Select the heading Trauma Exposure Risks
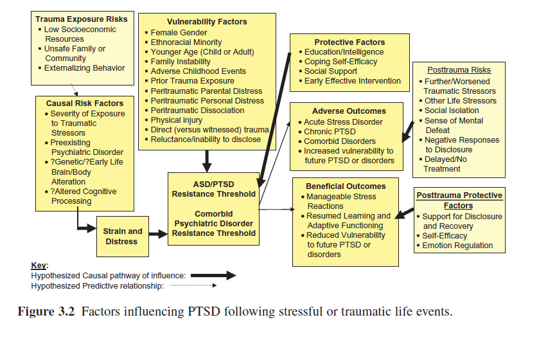[x=81, y=19]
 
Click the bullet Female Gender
[x=178, y=33]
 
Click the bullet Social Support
[x=331, y=71]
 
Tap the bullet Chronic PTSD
[x=331, y=132]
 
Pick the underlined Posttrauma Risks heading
[x=459, y=70]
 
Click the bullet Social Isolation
[x=452, y=111]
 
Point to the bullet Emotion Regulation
[x=457, y=246]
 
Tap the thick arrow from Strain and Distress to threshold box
[x=157, y=235]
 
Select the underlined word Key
[x=39, y=265]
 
